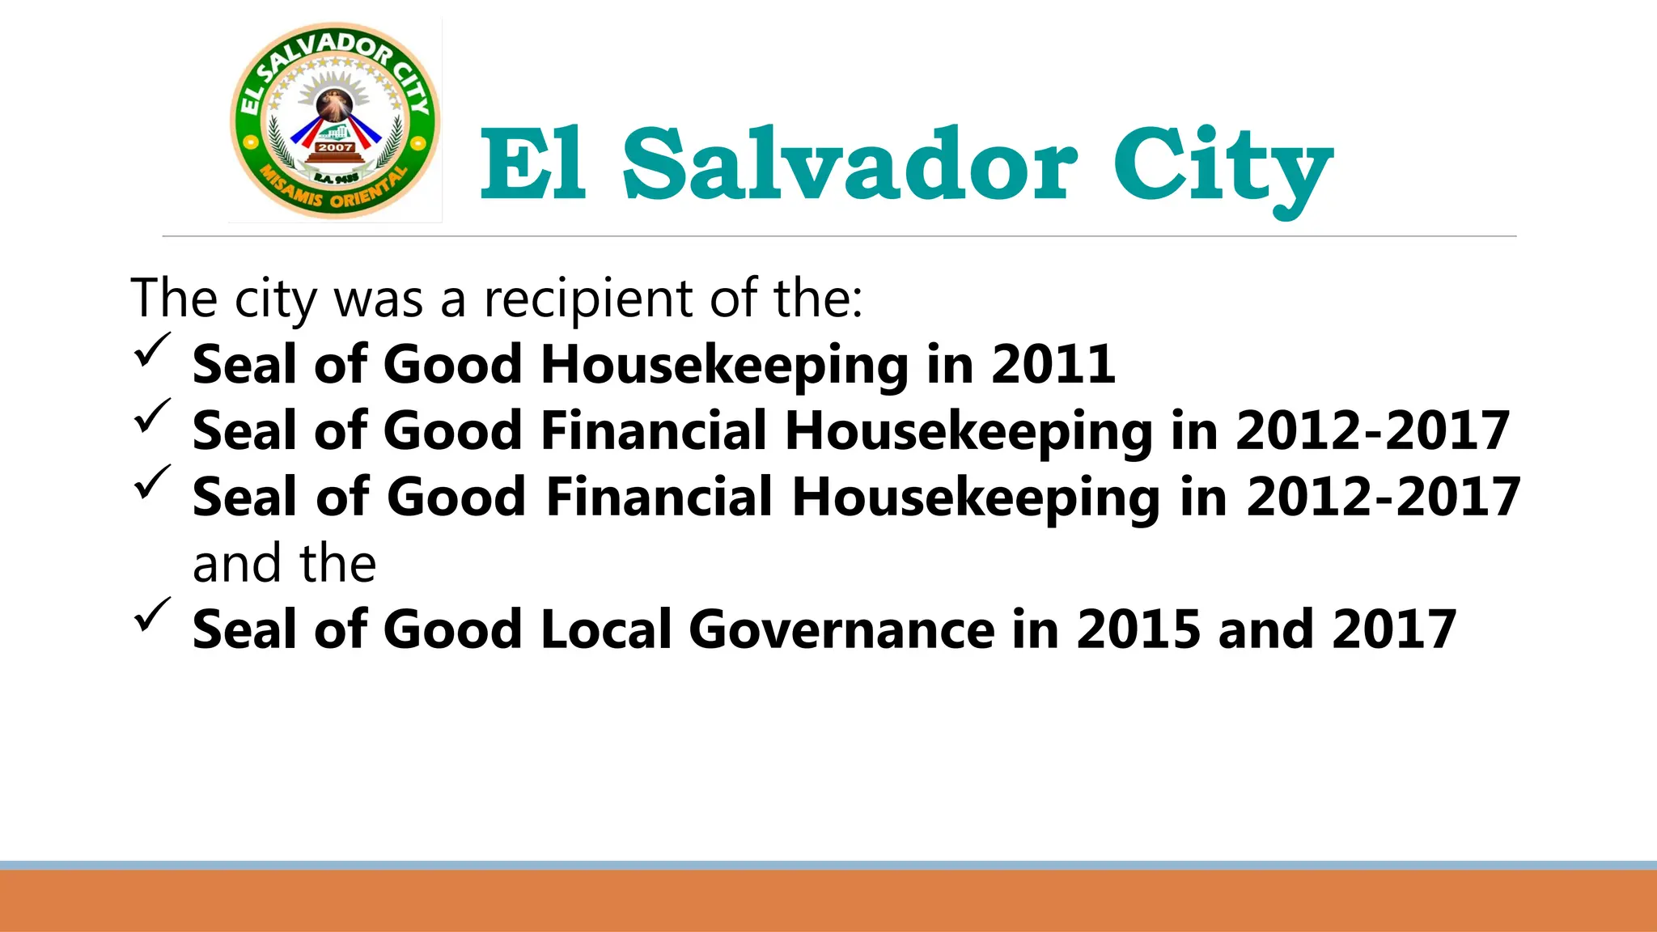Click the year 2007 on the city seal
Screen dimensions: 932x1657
point(335,147)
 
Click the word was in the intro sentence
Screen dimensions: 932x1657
point(378,299)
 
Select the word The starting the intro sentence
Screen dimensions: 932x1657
point(173,299)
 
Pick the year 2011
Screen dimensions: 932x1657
point(1053,364)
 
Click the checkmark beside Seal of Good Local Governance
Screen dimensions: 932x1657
point(151,616)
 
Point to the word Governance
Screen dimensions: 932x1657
point(841,629)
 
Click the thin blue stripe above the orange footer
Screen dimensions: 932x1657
point(828,865)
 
